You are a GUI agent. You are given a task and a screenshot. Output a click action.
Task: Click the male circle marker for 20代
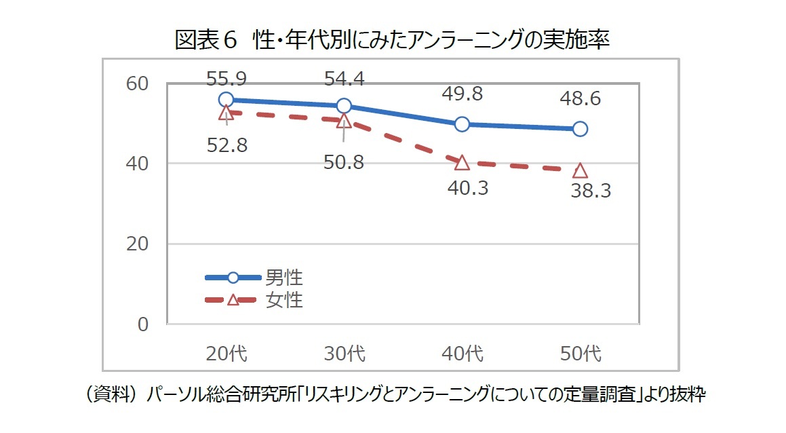click(x=226, y=100)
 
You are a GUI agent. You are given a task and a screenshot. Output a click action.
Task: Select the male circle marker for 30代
click(x=344, y=105)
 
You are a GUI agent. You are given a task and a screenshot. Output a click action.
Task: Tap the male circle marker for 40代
click(x=462, y=124)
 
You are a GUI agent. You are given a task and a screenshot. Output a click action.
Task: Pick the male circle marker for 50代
click(x=580, y=129)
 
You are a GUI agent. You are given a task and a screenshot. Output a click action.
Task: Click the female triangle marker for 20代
click(x=226, y=113)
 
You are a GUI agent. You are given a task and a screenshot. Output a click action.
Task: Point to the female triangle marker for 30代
click(x=344, y=121)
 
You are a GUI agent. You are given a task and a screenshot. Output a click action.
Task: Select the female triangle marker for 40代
click(x=462, y=162)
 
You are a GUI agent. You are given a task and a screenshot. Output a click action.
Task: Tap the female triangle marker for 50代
click(x=580, y=170)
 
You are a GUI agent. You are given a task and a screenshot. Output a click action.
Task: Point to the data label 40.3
click(x=468, y=187)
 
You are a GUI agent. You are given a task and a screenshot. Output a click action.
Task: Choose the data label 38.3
click(x=591, y=191)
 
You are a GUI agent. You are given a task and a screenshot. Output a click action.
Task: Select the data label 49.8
click(x=462, y=94)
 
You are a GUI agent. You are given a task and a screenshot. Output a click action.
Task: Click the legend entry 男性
click(x=283, y=277)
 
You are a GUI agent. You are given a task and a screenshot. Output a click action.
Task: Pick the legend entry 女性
click(x=283, y=299)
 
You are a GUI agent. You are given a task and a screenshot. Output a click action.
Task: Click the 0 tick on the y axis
click(x=142, y=324)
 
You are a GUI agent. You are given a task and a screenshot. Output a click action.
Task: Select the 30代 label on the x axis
click(x=344, y=354)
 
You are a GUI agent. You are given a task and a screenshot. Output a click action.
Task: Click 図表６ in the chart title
click(x=206, y=41)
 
